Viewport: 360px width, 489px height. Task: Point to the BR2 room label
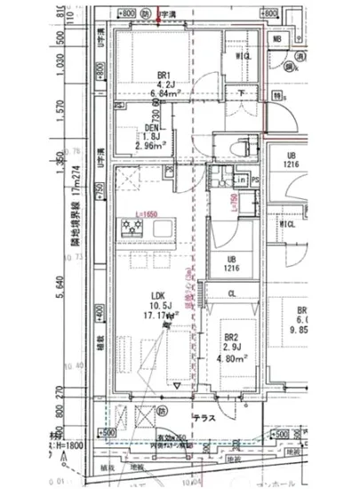pyautogui.click(x=231, y=339)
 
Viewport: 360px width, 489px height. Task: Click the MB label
pyautogui.click(x=277, y=39)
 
